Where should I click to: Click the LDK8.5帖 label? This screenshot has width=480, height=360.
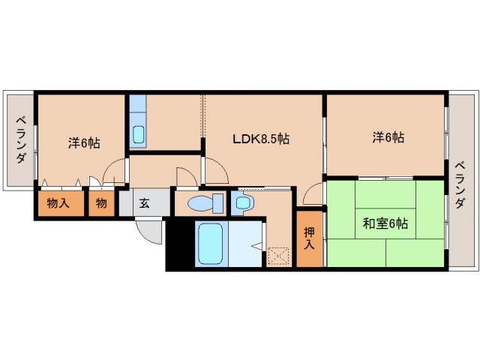point(260,139)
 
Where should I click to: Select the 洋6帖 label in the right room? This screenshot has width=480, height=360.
point(388,137)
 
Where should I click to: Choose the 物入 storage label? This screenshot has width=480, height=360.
point(58,203)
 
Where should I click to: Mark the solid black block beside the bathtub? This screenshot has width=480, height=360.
point(179,244)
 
